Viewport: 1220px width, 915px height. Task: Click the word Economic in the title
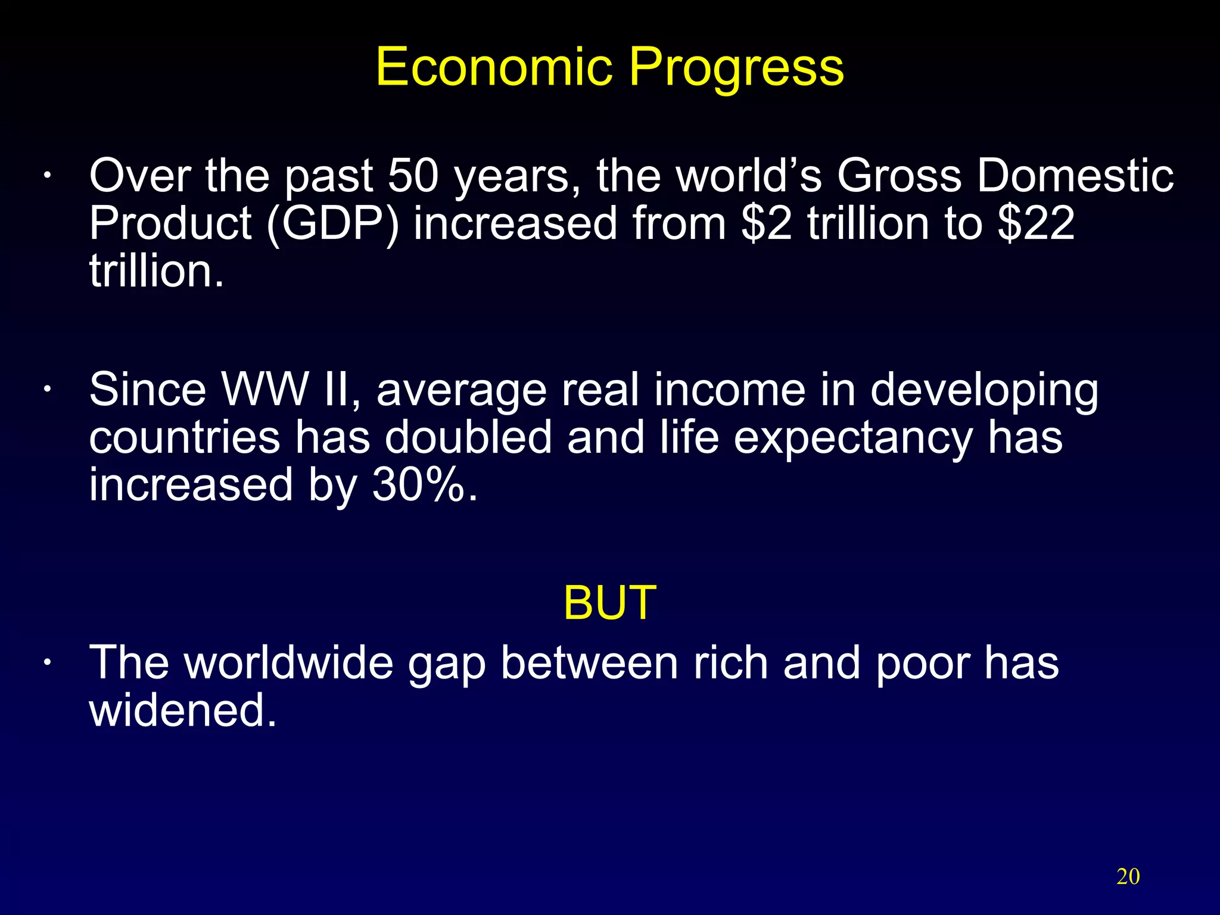click(x=494, y=67)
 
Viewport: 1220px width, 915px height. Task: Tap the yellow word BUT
click(x=609, y=603)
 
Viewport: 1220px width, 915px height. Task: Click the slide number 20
click(x=1128, y=877)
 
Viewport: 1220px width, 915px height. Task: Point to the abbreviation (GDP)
click(x=332, y=225)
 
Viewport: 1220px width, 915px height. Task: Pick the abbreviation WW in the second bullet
click(x=265, y=390)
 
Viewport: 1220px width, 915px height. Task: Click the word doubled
click(x=468, y=437)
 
